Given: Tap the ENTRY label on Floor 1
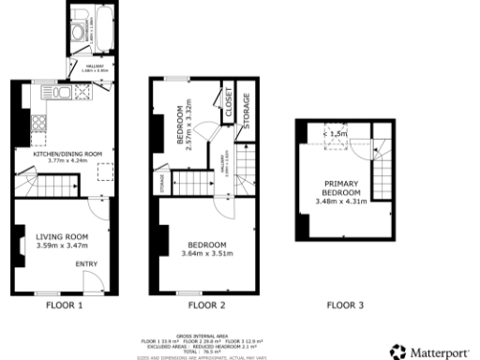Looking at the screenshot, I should [86, 264].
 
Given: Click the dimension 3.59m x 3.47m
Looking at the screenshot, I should [61, 245].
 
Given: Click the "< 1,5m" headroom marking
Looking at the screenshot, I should [335, 134].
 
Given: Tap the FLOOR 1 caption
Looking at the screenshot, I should [65, 305].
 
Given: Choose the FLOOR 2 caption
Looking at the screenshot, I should [206, 305].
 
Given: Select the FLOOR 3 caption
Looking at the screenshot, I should [344, 305].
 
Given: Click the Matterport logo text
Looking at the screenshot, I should [442, 352].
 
